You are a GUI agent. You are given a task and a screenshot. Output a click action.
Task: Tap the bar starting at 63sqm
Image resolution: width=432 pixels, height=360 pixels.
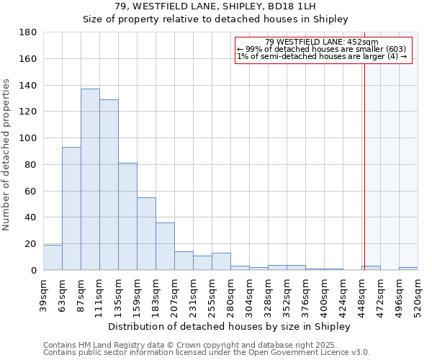(71, 209)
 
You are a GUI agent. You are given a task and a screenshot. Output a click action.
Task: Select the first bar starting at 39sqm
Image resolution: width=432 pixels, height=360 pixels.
(53, 258)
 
